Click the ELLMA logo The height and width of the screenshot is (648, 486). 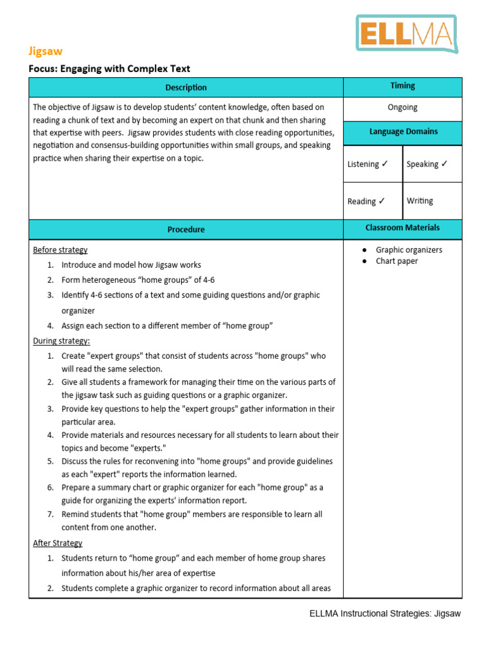point(406,34)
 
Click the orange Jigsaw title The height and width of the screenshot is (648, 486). point(46,51)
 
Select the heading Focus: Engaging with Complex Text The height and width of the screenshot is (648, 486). point(109,68)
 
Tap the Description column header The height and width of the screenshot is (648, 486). point(186,87)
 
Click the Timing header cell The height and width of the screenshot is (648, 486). point(402,85)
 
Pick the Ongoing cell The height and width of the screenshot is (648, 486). point(402,108)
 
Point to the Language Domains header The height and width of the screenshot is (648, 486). point(402,132)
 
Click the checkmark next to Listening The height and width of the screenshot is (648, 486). point(385,164)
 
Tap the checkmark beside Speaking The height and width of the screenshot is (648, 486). point(444,164)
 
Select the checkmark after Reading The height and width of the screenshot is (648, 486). point(382,201)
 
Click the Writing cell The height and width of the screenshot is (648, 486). point(420,201)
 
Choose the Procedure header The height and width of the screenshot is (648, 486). point(186,229)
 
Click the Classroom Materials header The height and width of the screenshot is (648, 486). point(402,227)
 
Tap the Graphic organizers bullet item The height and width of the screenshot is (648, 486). point(409,250)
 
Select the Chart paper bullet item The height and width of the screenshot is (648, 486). point(397,261)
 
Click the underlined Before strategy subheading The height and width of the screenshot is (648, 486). point(60,250)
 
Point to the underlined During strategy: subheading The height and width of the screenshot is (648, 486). point(61,341)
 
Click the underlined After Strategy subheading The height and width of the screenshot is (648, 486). point(58,543)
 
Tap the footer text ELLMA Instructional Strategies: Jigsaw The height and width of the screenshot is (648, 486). point(385,613)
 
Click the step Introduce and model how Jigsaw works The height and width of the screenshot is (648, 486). point(131,265)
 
